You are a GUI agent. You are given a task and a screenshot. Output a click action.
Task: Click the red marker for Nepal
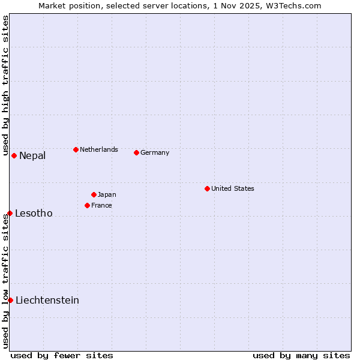(14, 155)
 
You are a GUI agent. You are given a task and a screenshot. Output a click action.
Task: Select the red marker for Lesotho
(10, 213)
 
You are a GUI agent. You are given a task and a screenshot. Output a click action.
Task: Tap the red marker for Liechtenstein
(10, 300)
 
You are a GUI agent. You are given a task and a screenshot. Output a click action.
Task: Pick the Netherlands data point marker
(76, 149)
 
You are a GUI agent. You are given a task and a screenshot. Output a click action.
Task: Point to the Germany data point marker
(136, 152)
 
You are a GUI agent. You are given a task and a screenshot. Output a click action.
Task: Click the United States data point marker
(207, 188)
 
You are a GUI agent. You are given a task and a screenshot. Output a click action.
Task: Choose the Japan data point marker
(94, 194)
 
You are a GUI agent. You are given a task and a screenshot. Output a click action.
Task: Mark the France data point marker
(87, 205)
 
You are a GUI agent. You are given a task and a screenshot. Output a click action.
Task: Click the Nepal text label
(32, 156)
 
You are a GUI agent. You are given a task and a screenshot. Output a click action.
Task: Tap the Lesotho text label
(34, 214)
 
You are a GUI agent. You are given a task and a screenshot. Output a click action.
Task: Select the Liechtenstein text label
(47, 301)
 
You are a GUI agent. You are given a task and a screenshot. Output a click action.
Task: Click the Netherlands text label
(99, 149)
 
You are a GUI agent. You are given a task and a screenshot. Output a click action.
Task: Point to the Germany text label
(155, 152)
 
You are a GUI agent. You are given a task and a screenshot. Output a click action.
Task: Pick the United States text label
(233, 188)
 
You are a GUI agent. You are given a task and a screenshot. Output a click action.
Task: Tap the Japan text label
(107, 194)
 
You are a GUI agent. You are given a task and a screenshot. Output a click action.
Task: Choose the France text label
(101, 205)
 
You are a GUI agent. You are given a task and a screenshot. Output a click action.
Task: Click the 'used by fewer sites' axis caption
(62, 355)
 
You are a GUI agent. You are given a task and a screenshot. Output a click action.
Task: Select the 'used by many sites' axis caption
(301, 355)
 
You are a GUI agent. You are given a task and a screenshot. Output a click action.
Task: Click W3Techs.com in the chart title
(294, 5)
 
